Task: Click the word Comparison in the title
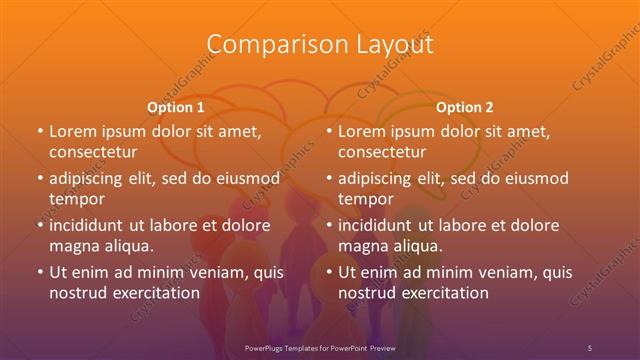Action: [262, 45]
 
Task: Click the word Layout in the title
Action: [388, 45]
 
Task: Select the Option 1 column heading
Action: [176, 106]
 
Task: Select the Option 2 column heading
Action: [465, 106]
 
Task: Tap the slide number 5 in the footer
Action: [590, 347]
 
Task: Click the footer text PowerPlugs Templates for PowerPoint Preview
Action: [320, 347]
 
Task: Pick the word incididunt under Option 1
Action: [89, 225]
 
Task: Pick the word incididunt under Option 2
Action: [379, 225]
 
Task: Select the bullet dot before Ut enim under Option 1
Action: [39, 272]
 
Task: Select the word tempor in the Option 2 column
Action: [363, 199]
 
